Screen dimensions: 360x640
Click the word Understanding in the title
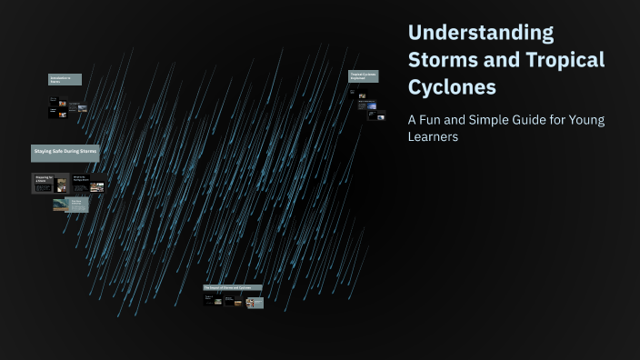coord(481,33)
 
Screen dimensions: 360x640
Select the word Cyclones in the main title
coord(452,87)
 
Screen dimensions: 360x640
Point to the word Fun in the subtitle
coord(438,119)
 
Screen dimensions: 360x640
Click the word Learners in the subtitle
coord(433,137)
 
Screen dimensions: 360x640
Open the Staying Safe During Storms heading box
coord(65,150)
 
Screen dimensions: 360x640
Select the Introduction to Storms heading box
coord(65,80)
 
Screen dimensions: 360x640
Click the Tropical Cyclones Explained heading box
coord(363,76)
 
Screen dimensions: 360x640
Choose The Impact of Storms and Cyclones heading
coord(232,287)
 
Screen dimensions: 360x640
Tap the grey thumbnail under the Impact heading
coord(255,303)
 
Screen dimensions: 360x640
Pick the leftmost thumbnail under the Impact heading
coord(212,300)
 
